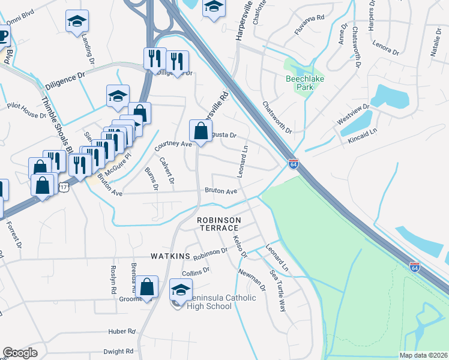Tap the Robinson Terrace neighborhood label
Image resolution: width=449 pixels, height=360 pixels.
220,225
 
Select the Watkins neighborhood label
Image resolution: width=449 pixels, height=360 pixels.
170,257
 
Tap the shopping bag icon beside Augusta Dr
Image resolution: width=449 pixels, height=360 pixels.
200,130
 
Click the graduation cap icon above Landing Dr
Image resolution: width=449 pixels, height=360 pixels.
77,23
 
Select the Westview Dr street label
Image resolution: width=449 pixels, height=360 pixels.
352,113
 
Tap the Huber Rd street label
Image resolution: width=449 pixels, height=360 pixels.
122,331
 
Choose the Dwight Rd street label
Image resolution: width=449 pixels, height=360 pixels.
118,352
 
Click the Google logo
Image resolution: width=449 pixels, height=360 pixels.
20,353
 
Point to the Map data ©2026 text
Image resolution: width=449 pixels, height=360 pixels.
423,355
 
